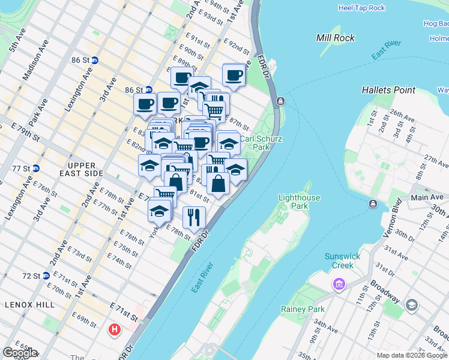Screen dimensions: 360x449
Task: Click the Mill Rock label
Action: click(x=335, y=38)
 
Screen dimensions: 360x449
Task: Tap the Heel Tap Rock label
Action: click(x=361, y=8)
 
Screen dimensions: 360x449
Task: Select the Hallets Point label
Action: click(x=388, y=90)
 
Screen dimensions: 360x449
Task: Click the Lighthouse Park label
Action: click(x=299, y=202)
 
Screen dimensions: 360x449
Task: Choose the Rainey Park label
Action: click(x=303, y=309)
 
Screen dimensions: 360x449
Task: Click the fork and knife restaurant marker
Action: click(x=194, y=217)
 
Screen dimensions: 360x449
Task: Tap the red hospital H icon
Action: click(x=114, y=329)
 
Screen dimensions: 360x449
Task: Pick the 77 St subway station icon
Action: click(x=35, y=169)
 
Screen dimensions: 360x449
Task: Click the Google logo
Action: click(x=20, y=353)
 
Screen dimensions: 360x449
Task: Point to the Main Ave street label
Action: click(x=427, y=197)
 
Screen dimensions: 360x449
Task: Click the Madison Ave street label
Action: click(x=34, y=67)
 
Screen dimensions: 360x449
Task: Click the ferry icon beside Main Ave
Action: click(x=373, y=205)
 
